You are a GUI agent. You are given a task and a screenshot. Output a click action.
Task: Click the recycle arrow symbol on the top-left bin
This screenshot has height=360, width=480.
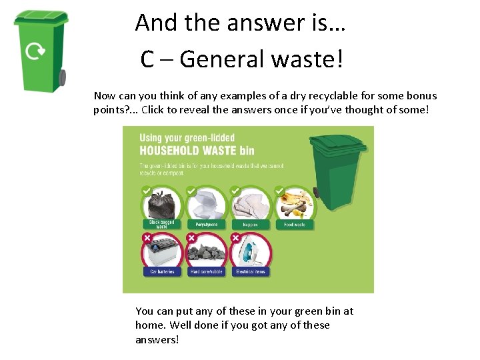point(35,51)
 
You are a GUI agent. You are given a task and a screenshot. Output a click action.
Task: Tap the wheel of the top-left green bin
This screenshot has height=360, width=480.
point(62,77)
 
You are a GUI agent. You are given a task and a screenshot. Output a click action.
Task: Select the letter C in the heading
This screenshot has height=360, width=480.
point(148,59)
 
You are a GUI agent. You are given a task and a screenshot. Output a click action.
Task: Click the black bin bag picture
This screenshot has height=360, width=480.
point(162,204)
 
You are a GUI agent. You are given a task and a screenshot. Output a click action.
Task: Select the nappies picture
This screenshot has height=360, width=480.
point(251,204)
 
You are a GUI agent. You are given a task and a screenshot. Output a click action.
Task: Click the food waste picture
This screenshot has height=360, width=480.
point(295,204)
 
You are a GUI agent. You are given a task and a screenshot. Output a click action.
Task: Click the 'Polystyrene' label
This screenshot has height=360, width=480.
point(206,225)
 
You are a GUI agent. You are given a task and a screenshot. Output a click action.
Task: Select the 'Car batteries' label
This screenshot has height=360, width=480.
point(162,271)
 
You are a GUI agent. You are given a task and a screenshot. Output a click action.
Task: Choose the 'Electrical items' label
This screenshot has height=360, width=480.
point(251,271)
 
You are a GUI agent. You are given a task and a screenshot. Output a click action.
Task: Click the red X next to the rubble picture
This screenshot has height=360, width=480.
point(191,237)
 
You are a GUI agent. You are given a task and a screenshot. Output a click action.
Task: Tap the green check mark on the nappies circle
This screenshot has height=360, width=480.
point(235,191)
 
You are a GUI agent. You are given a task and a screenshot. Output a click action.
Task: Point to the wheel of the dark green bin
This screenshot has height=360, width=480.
point(316,193)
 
